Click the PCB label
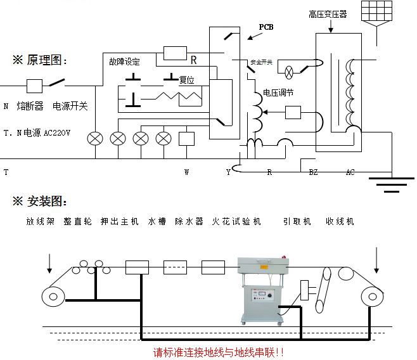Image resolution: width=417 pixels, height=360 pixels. tap(267, 27)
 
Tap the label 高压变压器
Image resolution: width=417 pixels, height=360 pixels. tap(328, 13)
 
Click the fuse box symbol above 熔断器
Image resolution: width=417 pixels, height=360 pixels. tap(34, 84)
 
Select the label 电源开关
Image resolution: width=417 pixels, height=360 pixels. tap(70, 106)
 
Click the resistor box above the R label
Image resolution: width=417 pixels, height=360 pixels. tap(174, 53)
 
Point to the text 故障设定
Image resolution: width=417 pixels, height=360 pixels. tap(124, 61)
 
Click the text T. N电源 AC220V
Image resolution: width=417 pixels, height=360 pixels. tap(37, 134)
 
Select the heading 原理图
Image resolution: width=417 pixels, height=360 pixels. tap(39, 60)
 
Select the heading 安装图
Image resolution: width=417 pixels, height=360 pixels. tap(39, 201)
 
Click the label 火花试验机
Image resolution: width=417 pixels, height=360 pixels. tap(236, 221)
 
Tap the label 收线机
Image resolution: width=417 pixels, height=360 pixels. tap(340, 221)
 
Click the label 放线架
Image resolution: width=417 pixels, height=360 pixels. tap(39, 221)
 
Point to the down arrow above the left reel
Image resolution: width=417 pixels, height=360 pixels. tap(50, 262)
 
